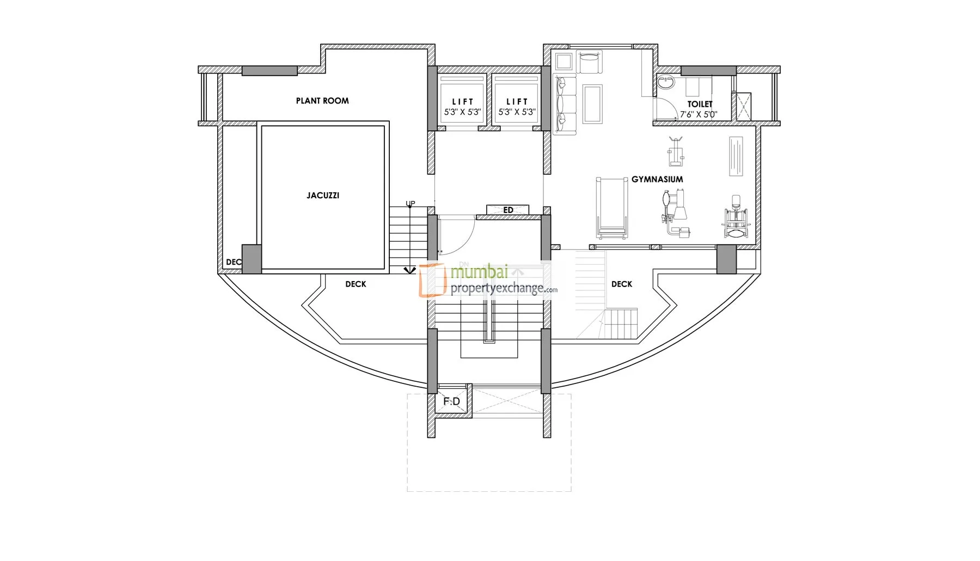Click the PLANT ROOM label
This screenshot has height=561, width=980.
pos(322,101)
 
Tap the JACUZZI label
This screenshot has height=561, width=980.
pos(323,196)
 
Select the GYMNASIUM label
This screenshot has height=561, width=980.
pos(657,179)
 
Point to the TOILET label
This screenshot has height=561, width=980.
pos(700,104)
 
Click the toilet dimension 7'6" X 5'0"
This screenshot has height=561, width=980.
pos(699,114)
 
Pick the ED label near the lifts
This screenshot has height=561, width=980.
pos(508,210)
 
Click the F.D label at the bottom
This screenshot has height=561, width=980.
pos(451,401)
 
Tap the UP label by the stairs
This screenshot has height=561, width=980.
pos(411,204)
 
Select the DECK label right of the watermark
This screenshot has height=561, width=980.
pos(622,284)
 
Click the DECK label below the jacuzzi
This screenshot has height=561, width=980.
pos(356,284)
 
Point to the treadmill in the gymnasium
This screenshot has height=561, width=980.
pos(612,208)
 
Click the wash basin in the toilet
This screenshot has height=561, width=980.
pos(665,83)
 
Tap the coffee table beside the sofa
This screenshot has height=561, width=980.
pos(592,104)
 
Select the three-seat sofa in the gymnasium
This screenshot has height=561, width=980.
pos(565,105)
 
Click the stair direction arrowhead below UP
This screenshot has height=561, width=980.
pos(410,270)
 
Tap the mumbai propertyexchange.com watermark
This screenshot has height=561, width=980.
pos(488,280)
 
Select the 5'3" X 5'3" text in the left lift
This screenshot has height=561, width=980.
pos(463,112)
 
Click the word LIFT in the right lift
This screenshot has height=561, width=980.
pos(517,102)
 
